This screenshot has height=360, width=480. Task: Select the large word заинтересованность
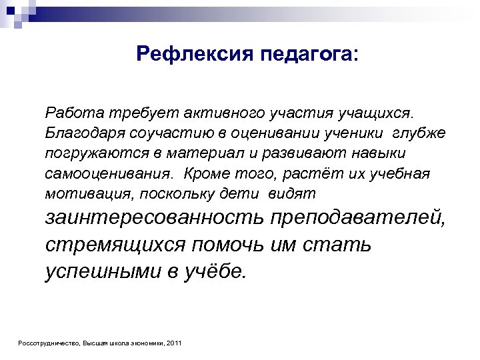[155, 217]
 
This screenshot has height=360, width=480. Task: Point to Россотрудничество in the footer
[49, 343]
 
